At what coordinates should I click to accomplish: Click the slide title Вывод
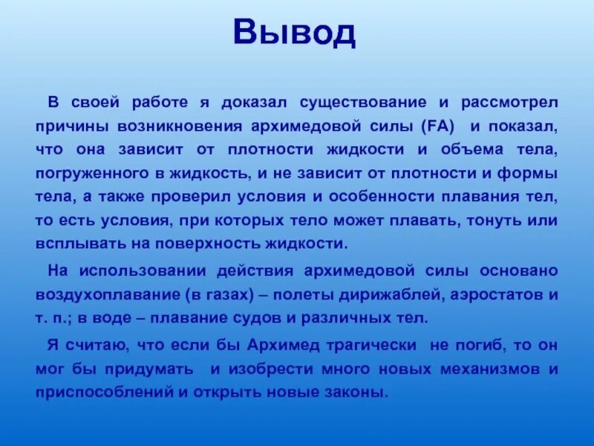(295, 33)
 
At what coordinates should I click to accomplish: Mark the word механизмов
(486, 369)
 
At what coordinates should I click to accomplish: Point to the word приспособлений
(103, 392)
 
